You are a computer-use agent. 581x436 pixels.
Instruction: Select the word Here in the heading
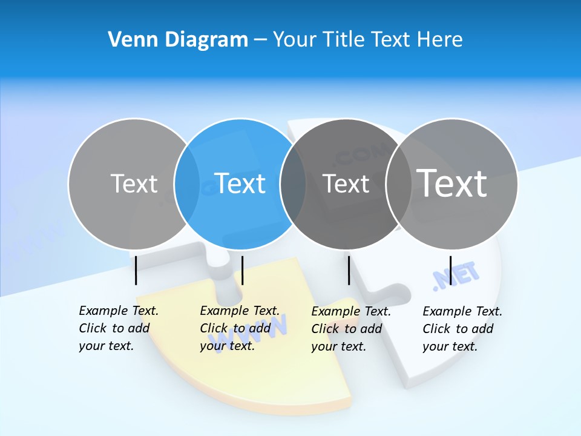(x=439, y=40)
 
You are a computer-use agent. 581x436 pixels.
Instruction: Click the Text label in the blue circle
(x=240, y=183)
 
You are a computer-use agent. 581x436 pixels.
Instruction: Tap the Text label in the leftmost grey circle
(x=134, y=183)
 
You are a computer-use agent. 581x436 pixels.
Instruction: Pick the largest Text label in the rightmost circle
(x=452, y=183)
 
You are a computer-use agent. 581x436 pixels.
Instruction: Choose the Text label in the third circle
(x=346, y=183)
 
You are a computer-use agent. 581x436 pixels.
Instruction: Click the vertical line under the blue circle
(x=242, y=270)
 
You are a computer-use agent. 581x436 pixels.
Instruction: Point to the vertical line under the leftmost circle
(x=136, y=270)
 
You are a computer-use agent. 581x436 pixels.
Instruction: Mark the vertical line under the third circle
(x=349, y=270)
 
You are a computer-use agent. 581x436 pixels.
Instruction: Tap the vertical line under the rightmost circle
(x=451, y=270)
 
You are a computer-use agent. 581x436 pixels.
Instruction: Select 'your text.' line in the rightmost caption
(x=450, y=346)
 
